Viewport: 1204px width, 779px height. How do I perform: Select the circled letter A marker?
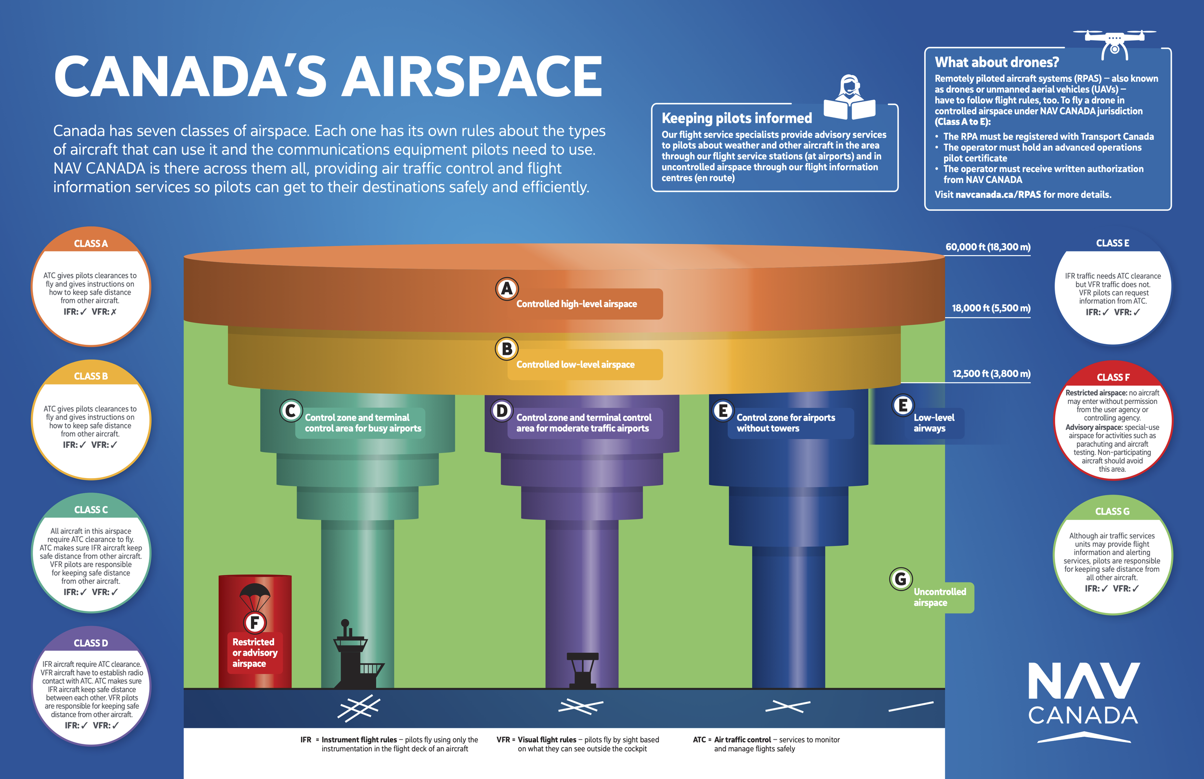coord(506,289)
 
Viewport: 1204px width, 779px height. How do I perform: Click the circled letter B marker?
coord(506,349)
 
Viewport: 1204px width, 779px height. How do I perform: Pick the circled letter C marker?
coord(291,411)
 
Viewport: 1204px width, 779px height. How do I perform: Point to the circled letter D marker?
coord(502,411)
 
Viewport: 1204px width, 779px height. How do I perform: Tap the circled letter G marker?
coord(901,579)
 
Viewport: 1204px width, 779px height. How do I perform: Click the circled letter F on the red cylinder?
coord(254,623)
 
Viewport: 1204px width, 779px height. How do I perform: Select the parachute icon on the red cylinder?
coord(254,597)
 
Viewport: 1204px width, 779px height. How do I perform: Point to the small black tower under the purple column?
coord(582,670)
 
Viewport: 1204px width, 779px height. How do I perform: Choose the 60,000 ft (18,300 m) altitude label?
coord(987,247)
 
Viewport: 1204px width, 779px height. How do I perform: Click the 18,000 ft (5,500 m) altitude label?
coord(991,308)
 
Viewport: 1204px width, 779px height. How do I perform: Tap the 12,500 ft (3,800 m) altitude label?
coord(991,374)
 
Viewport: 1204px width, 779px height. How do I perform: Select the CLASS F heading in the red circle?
coord(1112,377)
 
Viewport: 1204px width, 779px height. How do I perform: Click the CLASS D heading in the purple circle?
coord(91,643)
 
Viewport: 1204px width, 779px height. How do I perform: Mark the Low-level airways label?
coord(933,423)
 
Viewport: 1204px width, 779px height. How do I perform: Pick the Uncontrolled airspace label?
coord(940,597)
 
